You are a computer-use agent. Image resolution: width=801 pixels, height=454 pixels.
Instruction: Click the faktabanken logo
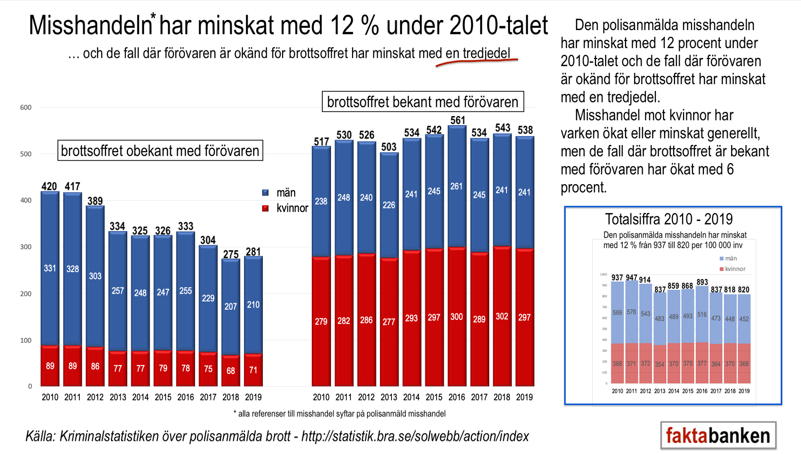(x=718, y=435)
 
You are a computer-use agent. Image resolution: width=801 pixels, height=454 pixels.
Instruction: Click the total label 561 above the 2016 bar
(x=457, y=120)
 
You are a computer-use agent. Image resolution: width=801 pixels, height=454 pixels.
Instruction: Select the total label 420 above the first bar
(x=49, y=186)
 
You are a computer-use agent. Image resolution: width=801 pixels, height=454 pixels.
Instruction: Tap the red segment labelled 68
(x=231, y=370)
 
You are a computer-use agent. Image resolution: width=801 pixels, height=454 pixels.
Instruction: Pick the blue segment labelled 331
(x=50, y=268)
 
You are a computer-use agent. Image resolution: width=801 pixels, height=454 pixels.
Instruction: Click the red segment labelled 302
(x=502, y=316)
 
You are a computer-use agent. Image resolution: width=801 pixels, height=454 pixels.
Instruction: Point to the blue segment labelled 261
(x=456, y=186)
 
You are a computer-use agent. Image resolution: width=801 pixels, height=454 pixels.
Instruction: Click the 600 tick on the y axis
(x=26, y=108)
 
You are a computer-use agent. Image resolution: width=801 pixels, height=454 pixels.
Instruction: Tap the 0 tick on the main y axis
(x=30, y=386)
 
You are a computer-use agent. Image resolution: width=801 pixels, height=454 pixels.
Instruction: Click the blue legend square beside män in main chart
(x=265, y=193)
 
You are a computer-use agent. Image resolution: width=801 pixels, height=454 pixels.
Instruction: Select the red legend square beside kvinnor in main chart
(x=265, y=208)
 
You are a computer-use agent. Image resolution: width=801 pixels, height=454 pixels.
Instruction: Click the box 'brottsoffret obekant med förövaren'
(x=160, y=151)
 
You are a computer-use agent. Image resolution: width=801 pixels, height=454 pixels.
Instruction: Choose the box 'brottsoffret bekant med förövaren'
(x=422, y=102)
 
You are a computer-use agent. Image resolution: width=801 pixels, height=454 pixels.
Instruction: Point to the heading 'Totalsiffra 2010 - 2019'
(x=669, y=219)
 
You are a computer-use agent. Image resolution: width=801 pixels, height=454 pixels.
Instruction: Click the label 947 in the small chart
(x=631, y=277)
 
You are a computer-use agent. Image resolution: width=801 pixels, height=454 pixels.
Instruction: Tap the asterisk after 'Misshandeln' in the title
(x=153, y=16)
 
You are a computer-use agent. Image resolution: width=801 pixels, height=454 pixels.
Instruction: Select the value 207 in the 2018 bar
(x=231, y=307)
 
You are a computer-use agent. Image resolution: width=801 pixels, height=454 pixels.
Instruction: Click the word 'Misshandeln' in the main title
(x=90, y=26)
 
